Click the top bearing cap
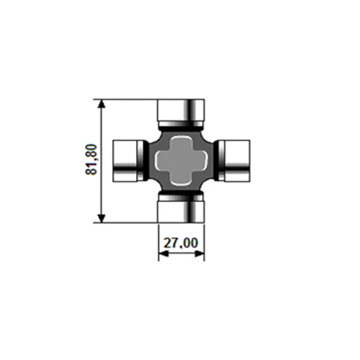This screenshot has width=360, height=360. click(x=181, y=110)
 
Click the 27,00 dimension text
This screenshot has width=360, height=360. click(x=181, y=243)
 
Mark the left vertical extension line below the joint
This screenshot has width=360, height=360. click(x=159, y=241)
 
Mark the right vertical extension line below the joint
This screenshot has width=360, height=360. click(x=204, y=241)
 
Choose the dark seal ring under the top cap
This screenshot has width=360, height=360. click(x=181, y=126)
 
